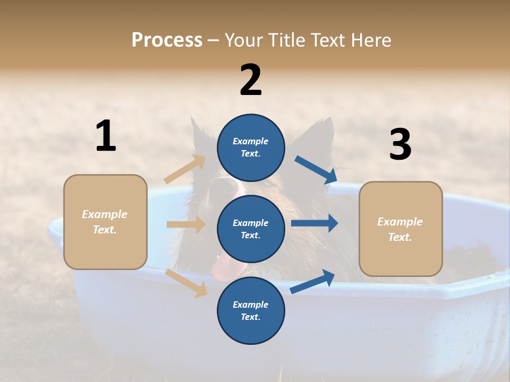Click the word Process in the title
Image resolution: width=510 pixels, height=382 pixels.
pyautogui.click(x=167, y=40)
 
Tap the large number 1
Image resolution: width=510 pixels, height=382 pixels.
pyautogui.click(x=106, y=136)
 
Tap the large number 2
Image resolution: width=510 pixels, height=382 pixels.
pyautogui.click(x=251, y=80)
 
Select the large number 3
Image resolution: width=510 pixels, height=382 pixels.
pyautogui.click(x=400, y=144)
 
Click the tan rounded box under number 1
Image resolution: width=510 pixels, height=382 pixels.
pyautogui.click(x=105, y=222)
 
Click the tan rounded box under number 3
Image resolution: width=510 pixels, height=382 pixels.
pyautogui.click(x=401, y=229)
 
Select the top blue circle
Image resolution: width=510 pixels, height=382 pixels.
pyautogui.click(x=251, y=147)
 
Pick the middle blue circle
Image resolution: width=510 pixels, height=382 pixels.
pyautogui.click(x=251, y=229)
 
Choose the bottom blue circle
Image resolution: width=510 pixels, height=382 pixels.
pyautogui.click(x=251, y=310)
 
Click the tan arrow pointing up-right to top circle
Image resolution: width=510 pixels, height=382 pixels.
pyautogui.click(x=185, y=169)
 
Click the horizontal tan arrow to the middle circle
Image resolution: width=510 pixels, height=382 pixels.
pyautogui.click(x=186, y=224)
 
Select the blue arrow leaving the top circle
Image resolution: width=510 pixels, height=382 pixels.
pyautogui.click(x=316, y=170)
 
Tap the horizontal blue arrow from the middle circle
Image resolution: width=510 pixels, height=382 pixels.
pyautogui.click(x=314, y=223)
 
